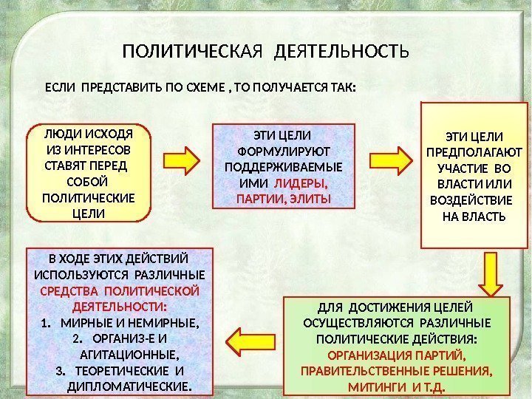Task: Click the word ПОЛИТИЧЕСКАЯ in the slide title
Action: pyautogui.click(x=193, y=53)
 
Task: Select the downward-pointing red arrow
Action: pyautogui.click(x=489, y=277)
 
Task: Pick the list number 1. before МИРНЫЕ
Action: pyautogui.click(x=46, y=323)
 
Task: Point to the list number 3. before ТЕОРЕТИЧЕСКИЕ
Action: pyautogui.click(x=61, y=371)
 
